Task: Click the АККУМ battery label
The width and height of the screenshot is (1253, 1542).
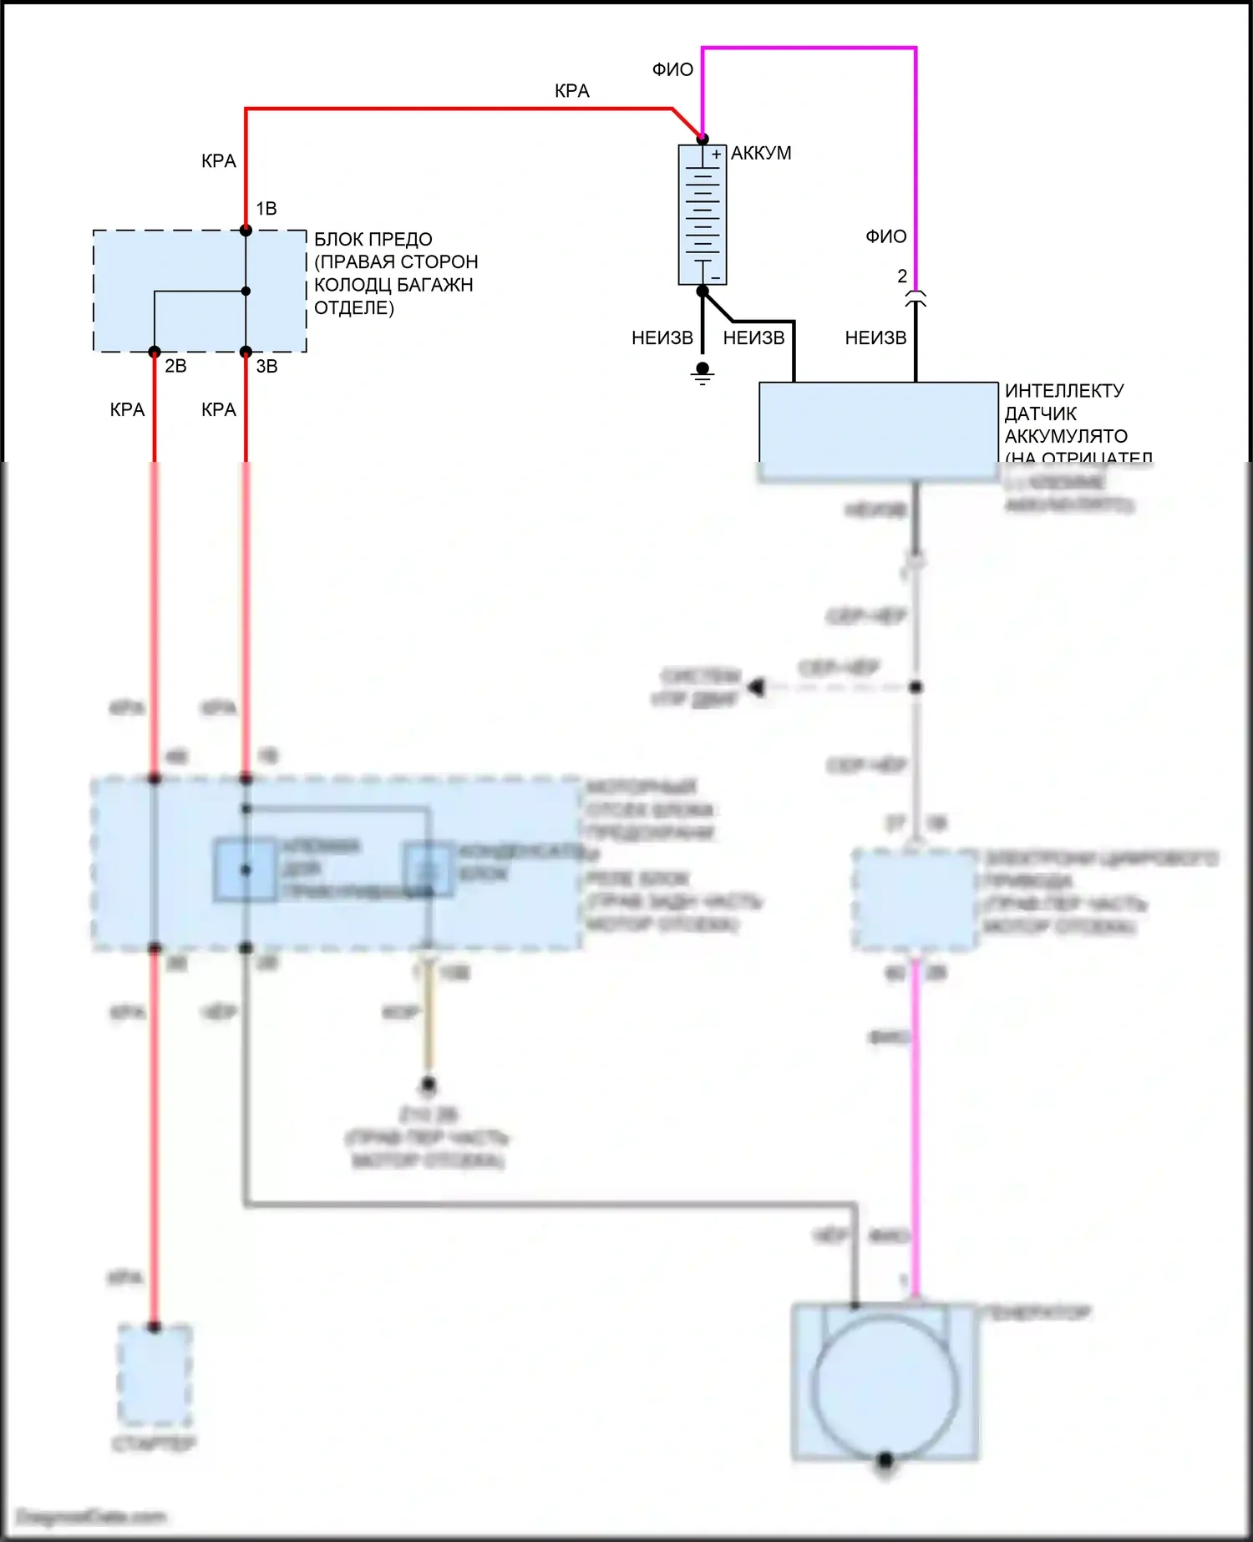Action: coord(761,154)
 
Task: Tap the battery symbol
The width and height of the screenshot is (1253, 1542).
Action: coord(703,215)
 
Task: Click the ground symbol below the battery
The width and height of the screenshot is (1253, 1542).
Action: coord(703,373)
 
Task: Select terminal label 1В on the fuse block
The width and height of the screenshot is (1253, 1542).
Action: coord(266,209)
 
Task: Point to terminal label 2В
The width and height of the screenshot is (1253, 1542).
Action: coord(175,366)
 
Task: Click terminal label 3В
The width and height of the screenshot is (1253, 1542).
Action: coord(266,366)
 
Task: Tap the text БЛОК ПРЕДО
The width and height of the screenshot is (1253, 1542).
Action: coord(373,240)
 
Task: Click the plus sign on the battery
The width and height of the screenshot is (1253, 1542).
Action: coord(716,155)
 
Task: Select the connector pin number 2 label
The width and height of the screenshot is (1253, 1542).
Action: coord(902,276)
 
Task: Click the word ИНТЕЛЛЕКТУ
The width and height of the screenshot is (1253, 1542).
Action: coord(1064,391)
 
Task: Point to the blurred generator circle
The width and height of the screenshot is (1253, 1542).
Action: coord(885,1387)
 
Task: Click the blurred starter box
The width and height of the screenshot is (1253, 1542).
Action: coord(155,1375)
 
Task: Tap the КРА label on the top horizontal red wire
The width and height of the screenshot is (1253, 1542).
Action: coord(572,91)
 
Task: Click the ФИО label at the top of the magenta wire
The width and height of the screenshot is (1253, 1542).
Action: coord(672,70)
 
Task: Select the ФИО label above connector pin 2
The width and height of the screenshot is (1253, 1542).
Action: coord(885,237)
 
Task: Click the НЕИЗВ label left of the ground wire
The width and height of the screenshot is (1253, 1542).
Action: coord(662,338)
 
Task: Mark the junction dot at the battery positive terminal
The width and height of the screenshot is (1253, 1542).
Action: coord(703,139)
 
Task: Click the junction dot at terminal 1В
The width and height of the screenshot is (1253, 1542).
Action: coord(246,231)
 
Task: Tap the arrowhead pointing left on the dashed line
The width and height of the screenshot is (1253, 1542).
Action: coord(757,687)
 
